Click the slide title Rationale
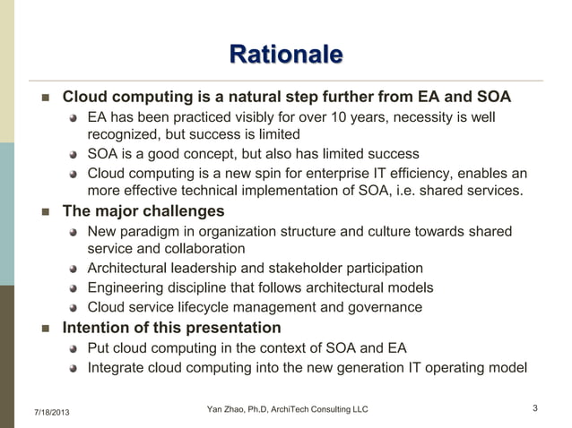point(285,55)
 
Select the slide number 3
point(534,409)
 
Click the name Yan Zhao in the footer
point(227,409)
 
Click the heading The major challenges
point(143,211)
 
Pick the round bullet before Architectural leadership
point(75,269)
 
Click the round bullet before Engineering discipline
point(75,288)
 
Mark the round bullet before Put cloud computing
point(75,348)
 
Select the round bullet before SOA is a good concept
point(75,154)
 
